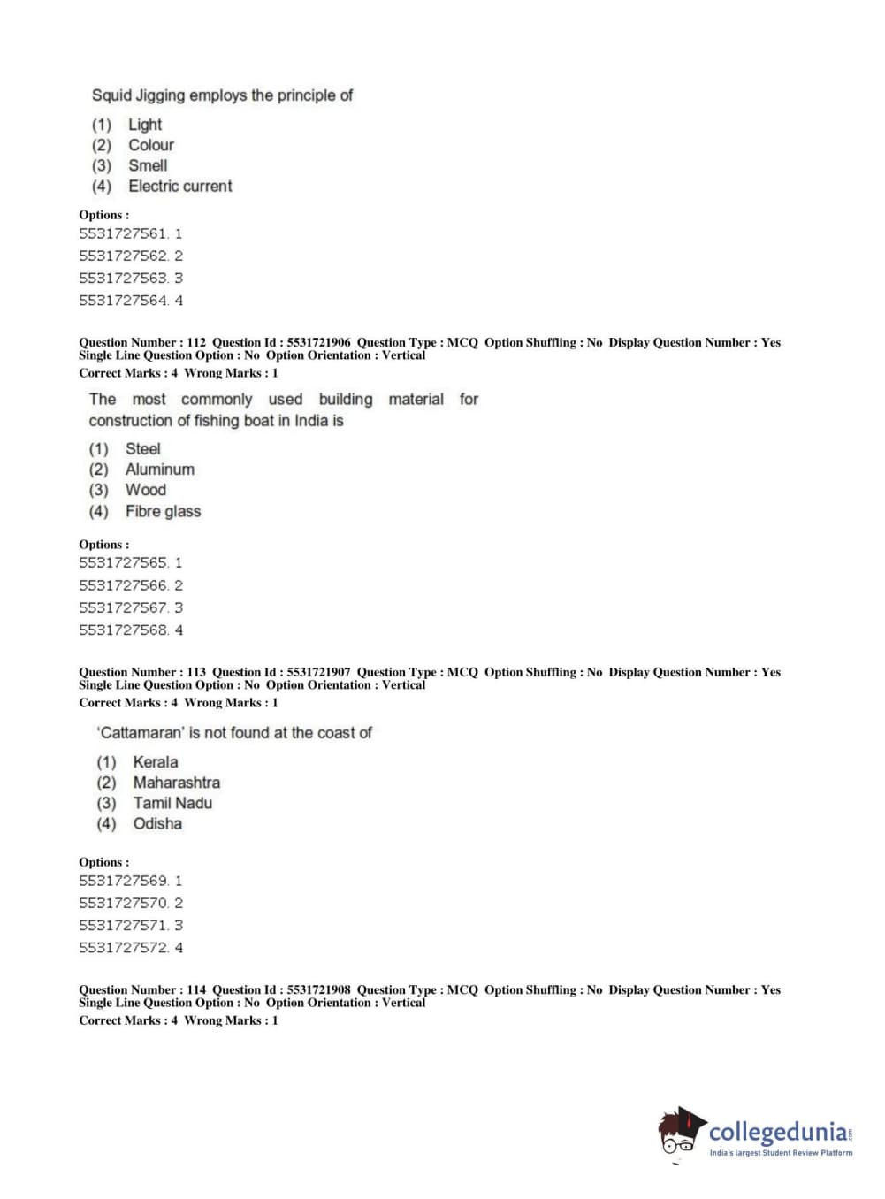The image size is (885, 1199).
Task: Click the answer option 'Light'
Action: pyautogui.click(x=145, y=125)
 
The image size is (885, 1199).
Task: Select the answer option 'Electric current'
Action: pyautogui.click(x=179, y=186)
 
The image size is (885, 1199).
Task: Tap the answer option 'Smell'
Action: pyautogui.click(x=148, y=165)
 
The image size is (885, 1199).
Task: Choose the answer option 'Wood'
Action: pyautogui.click(x=145, y=490)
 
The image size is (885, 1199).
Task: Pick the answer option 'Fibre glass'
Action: pyautogui.click(x=163, y=511)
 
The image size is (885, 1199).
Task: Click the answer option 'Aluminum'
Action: pyautogui.click(x=159, y=470)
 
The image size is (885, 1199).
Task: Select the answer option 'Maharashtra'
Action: pyautogui.click(x=176, y=783)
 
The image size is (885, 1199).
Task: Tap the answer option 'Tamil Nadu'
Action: pyautogui.click(x=172, y=803)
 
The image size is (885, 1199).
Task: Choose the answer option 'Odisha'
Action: pyautogui.click(x=157, y=823)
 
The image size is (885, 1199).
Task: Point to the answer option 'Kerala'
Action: pyautogui.click(x=155, y=762)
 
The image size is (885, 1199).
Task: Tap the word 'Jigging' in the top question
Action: pyautogui.click(x=160, y=95)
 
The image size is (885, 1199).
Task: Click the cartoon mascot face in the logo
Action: pyautogui.click(x=679, y=1133)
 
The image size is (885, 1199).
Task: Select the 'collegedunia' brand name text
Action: pyautogui.click(x=778, y=1133)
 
